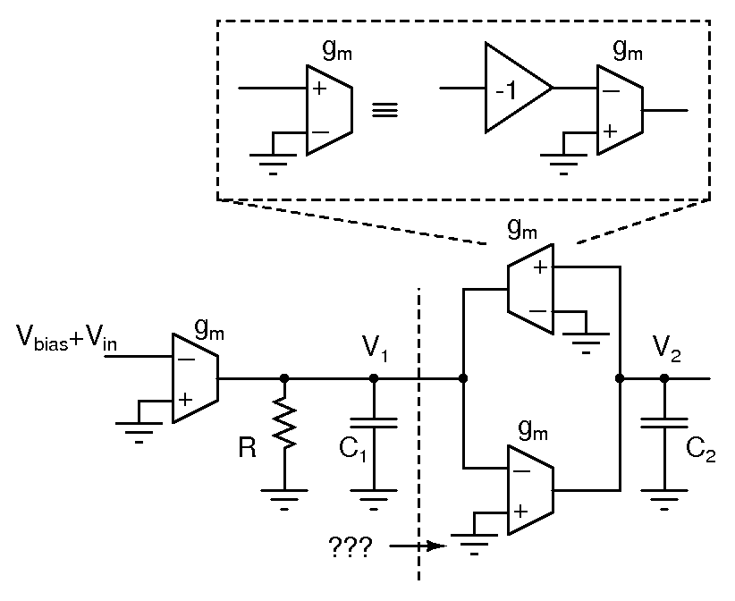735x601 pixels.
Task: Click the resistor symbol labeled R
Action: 284,422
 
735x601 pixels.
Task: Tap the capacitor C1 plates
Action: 374,423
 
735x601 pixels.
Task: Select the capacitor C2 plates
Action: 664,423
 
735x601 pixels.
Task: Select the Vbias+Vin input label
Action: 67,337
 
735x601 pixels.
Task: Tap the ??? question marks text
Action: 351,546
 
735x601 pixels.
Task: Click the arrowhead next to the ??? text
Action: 437,546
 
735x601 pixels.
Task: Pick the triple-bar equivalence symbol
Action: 384,111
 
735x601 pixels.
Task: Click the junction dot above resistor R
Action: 284,377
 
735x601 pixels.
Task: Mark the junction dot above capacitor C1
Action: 374,377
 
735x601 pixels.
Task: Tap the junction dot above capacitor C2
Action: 664,377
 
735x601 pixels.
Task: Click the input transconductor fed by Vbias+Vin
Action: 196,377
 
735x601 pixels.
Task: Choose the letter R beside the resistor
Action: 247,447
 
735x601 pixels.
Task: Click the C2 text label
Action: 700,450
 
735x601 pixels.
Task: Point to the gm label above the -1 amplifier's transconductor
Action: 628,50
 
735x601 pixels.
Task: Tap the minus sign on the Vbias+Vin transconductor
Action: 187,360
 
